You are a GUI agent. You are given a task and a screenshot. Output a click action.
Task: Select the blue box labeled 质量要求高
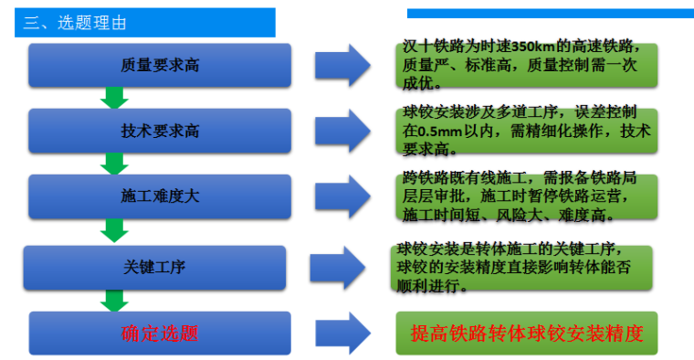[x=160, y=66]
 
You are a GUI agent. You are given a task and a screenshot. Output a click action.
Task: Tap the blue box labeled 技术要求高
[x=160, y=131]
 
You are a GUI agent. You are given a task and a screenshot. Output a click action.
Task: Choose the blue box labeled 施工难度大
[x=160, y=196]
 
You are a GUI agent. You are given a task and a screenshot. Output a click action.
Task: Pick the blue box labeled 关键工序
[x=155, y=267]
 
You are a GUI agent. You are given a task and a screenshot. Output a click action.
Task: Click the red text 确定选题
[x=160, y=333]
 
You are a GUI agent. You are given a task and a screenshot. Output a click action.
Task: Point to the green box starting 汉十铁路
[x=526, y=65]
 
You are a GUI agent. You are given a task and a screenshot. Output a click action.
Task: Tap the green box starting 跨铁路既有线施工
[x=526, y=196]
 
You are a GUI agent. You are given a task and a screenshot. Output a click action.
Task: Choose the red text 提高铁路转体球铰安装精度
[x=527, y=334]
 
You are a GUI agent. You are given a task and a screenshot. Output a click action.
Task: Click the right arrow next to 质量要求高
[x=342, y=66]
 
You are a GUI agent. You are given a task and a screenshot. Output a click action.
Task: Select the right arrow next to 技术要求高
[x=342, y=131]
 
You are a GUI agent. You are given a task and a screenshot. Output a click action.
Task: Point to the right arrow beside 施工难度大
[x=342, y=196]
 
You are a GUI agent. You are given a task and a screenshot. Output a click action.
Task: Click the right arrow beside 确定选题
[x=342, y=333]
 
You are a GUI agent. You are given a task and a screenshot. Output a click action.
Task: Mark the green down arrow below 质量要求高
[x=115, y=98]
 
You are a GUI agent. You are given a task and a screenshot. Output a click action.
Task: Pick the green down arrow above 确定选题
[x=115, y=300]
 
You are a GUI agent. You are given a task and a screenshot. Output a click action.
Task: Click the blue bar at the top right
[x=549, y=14]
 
